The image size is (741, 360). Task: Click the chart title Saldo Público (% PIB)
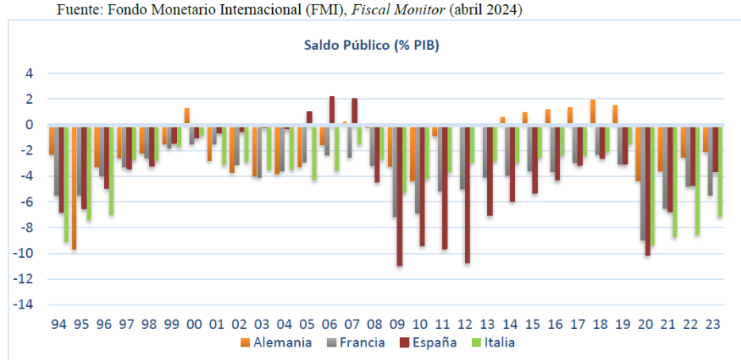371,45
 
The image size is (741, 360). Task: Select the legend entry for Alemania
274,343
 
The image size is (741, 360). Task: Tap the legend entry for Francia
355,343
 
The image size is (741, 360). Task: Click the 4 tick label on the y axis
29,74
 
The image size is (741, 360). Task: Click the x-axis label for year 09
398,324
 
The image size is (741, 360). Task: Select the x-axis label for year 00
194,324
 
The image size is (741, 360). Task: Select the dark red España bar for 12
468,193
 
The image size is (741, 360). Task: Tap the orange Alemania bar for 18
593,112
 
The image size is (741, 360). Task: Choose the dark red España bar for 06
332,110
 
